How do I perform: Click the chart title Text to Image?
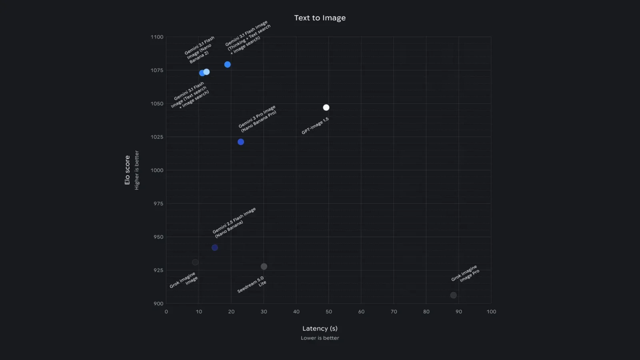click(320, 18)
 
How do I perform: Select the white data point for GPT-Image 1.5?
click(326, 108)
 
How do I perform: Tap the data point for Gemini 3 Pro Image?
click(241, 142)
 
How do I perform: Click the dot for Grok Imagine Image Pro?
click(453, 295)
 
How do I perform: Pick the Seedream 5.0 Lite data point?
click(264, 266)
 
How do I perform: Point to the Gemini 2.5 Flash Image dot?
click(215, 248)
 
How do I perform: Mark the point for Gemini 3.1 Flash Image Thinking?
click(227, 64)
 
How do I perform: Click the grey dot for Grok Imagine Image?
click(195, 262)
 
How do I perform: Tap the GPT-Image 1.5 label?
click(315, 126)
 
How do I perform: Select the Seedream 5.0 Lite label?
click(252, 284)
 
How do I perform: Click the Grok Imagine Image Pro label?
click(465, 274)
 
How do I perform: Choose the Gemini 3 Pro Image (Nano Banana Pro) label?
click(258, 119)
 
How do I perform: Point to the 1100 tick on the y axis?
click(157, 37)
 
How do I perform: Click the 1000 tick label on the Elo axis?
click(157, 170)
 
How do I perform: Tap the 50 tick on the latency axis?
click(329, 312)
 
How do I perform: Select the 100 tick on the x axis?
click(491, 312)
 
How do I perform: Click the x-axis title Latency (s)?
click(320, 328)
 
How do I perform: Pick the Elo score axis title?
click(127, 170)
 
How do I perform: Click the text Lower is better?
click(320, 338)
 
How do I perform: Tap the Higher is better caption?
click(137, 170)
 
